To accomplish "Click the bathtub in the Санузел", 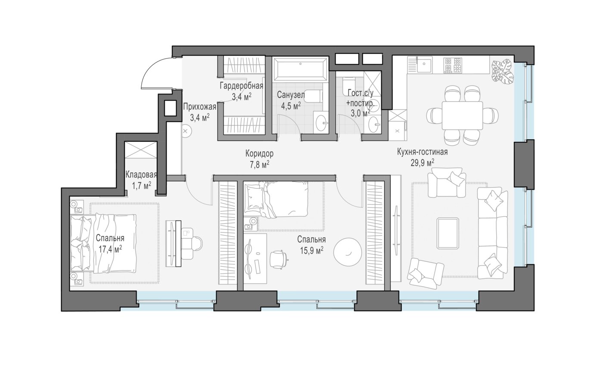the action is pos(301,69).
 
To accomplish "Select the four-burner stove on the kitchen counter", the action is pos(453,65).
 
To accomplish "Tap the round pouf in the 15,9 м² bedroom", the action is pos(348,252).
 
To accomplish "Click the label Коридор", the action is pos(259,154).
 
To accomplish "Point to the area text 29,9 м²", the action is pos(422,163).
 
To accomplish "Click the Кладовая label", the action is pos(141,175).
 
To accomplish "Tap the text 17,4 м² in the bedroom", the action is pos(110,249).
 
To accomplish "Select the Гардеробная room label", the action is pos(242,86).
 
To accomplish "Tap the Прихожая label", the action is pos(199,107).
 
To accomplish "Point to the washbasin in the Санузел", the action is pos(321,123).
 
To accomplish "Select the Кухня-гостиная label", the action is pos(423,152).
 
